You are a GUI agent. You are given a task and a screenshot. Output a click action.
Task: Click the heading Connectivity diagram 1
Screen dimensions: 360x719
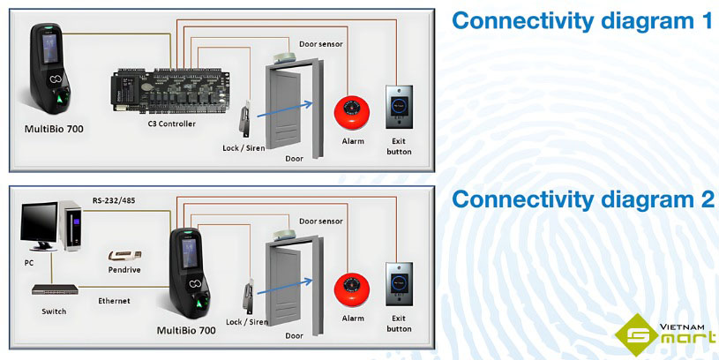click(x=582, y=21)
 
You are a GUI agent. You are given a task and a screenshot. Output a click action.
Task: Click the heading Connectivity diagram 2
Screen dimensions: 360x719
click(x=582, y=199)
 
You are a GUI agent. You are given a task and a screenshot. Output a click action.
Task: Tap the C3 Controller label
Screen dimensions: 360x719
click(x=171, y=124)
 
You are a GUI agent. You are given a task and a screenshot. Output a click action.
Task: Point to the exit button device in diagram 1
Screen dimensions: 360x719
click(x=399, y=108)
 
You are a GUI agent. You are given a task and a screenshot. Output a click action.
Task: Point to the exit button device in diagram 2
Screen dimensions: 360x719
click(x=399, y=284)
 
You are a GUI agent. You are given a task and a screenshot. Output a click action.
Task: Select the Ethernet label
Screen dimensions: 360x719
click(x=115, y=301)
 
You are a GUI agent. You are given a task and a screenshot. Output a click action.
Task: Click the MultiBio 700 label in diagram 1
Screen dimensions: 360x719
click(x=53, y=130)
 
